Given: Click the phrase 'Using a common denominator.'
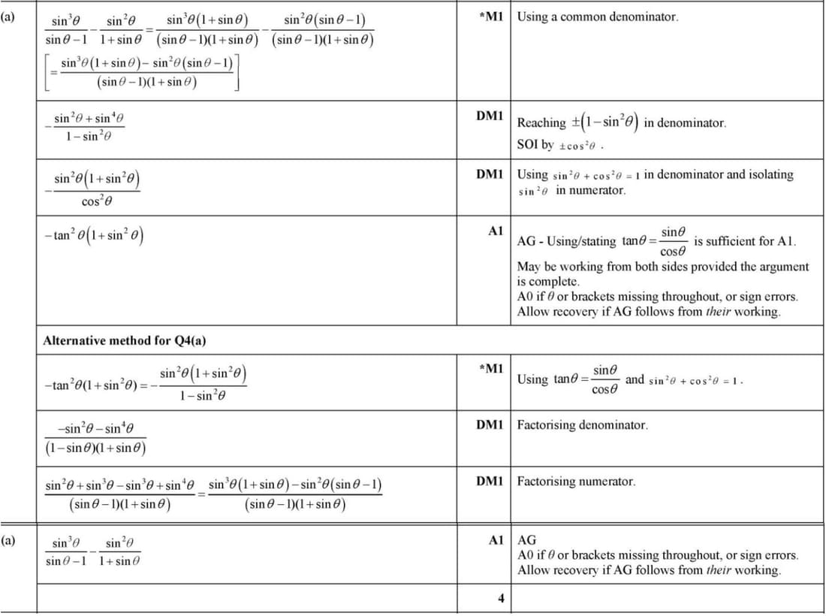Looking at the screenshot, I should click(x=597, y=16).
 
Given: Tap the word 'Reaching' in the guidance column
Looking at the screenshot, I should click(x=541, y=122).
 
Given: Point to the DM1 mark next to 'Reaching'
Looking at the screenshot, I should click(x=490, y=115).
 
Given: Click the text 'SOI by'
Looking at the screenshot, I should click(x=535, y=144).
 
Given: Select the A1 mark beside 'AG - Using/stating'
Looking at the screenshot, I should click(x=495, y=231).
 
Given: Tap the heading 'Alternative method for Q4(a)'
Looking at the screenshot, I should click(x=125, y=340).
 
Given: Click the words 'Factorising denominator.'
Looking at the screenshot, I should click(x=582, y=424).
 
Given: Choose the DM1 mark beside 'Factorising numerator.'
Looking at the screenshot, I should click(x=490, y=481).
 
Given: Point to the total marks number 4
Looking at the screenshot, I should click(x=500, y=599).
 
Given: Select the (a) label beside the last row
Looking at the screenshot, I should click(x=8, y=539).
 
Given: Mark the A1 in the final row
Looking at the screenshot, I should click(x=495, y=539).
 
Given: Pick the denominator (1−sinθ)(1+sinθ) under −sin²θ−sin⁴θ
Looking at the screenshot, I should click(x=95, y=449).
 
